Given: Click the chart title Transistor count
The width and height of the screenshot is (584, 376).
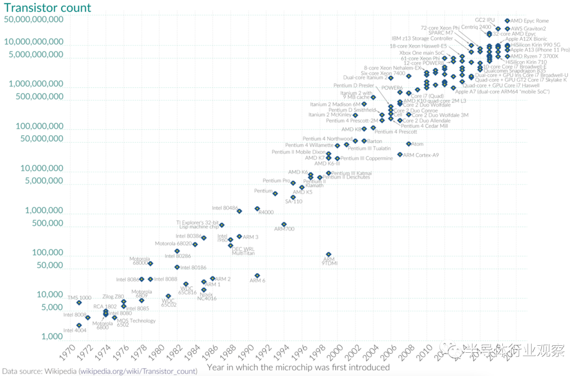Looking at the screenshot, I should click(48, 8).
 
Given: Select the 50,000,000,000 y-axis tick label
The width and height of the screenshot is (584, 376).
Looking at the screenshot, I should click(34, 19).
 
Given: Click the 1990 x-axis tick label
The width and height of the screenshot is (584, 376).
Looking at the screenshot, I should click(248, 354).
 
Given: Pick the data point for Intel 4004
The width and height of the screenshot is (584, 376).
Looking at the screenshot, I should click(79, 325).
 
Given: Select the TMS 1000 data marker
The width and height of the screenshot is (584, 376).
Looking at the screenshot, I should click(79, 302).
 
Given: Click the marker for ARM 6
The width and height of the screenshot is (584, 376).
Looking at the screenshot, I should click(257, 275).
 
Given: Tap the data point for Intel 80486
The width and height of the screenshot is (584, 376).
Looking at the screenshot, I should click(239, 211).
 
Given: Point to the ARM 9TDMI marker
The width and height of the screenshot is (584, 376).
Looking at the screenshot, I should click(328, 254).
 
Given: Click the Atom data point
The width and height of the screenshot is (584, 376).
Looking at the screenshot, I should click(408, 144).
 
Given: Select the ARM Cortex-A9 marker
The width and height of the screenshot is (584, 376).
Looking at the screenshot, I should click(400, 155).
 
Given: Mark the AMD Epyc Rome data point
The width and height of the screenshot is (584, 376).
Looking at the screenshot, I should click(507, 21).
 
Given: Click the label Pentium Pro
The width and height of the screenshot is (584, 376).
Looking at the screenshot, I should click(276, 181).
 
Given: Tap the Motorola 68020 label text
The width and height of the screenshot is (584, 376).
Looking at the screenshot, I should click(172, 243).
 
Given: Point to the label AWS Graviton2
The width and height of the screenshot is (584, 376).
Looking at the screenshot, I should click(528, 29).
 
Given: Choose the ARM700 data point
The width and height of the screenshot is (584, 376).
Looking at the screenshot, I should click(284, 224).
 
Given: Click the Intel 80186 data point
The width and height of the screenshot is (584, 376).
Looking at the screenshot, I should click(177, 267).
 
